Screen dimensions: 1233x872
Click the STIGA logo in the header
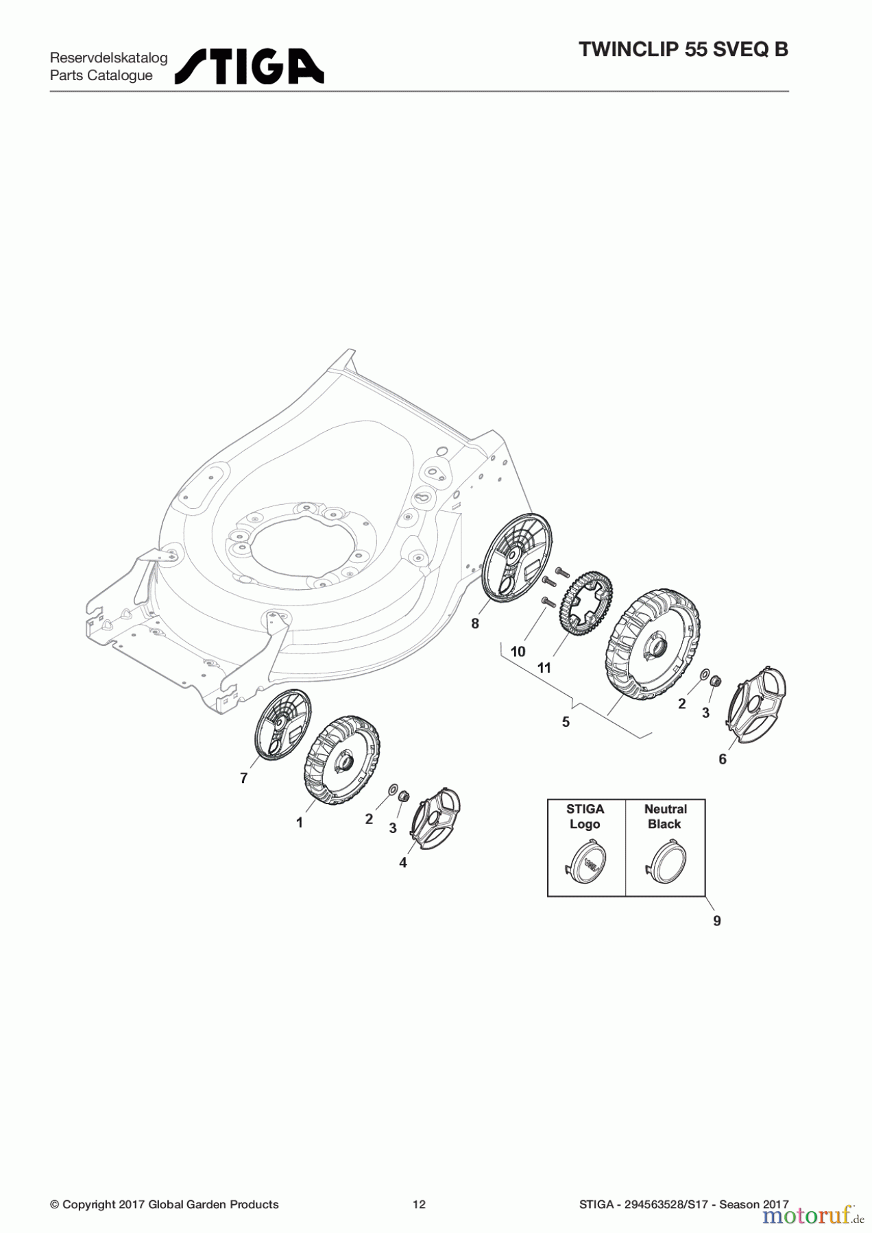point(250,66)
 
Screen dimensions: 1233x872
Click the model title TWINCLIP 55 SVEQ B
point(683,49)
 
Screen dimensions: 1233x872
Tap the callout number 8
point(475,624)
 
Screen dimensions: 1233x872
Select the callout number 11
point(544,667)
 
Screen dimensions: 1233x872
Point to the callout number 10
point(518,651)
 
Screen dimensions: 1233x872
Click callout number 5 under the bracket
point(566,722)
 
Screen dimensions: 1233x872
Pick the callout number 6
point(723,759)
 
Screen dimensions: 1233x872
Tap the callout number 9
point(717,921)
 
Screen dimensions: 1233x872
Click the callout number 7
point(243,778)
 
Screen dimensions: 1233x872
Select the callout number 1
point(300,823)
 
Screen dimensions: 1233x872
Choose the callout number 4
point(403,863)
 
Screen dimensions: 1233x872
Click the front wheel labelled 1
point(341,760)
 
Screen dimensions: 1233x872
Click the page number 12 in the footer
point(419,1204)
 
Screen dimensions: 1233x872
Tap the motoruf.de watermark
point(812,1215)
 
